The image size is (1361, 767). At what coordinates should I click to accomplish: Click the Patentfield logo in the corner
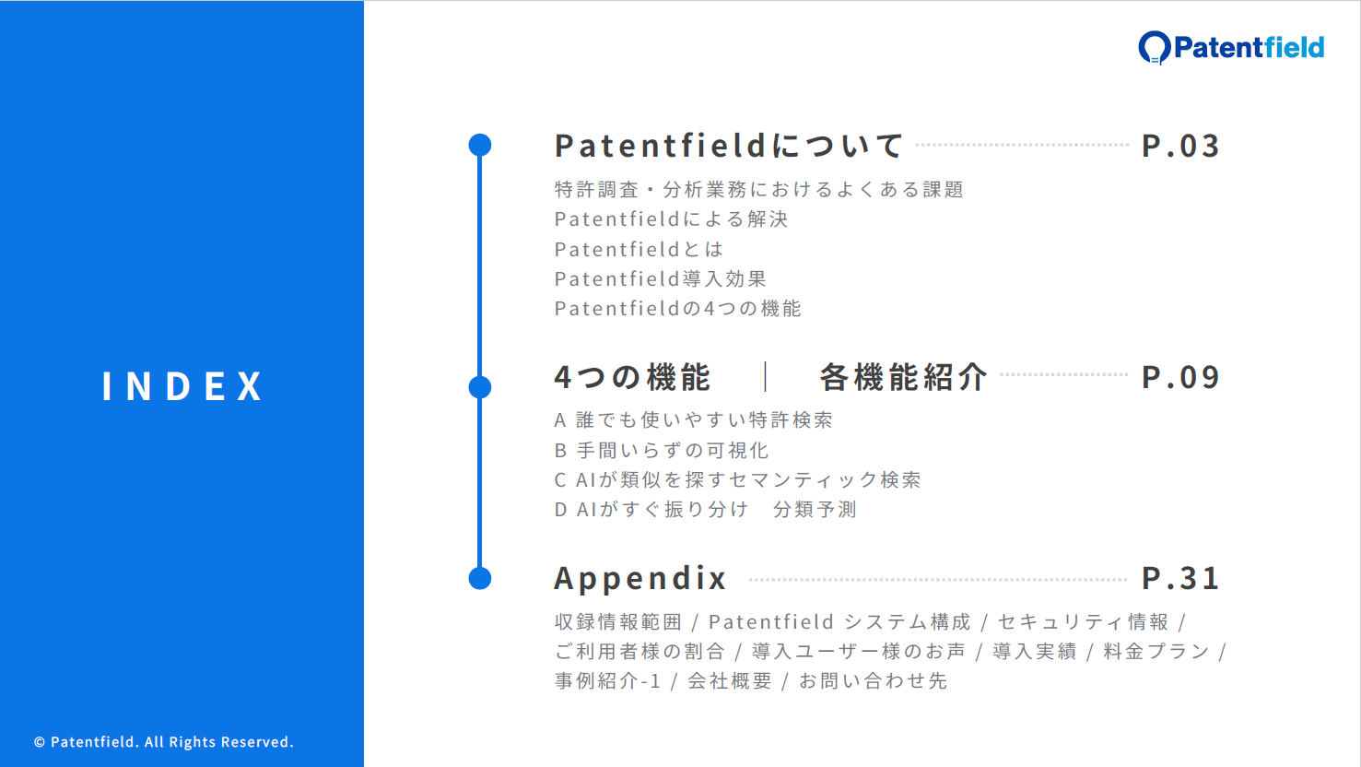pyautogui.click(x=1231, y=47)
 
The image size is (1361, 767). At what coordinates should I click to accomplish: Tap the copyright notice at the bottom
pyautogui.click(x=163, y=741)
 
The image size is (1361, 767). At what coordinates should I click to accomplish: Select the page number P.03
pyautogui.click(x=1180, y=146)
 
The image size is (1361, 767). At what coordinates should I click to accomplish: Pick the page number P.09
pyautogui.click(x=1180, y=377)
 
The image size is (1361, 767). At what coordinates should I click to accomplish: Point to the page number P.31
pyautogui.click(x=1180, y=577)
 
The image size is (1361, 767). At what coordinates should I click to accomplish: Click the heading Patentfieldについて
pyautogui.click(x=729, y=146)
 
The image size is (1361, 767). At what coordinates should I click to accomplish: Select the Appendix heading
pyautogui.click(x=640, y=578)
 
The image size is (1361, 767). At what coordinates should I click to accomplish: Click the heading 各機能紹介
pyautogui.click(x=903, y=377)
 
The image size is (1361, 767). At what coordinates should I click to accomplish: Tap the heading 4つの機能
pyautogui.click(x=632, y=377)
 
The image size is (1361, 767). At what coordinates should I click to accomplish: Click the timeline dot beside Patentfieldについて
pyautogui.click(x=480, y=146)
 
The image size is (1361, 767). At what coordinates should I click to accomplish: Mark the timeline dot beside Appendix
pyautogui.click(x=480, y=578)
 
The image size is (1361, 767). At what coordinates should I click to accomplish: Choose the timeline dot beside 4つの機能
pyautogui.click(x=480, y=387)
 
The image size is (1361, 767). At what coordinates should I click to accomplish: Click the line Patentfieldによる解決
pyautogui.click(x=671, y=218)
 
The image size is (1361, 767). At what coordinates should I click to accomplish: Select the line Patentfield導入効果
pyautogui.click(x=661, y=278)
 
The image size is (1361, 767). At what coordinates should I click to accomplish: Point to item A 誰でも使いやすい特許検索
pyautogui.click(x=693, y=420)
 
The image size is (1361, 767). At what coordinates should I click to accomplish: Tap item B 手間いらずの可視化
pyautogui.click(x=662, y=451)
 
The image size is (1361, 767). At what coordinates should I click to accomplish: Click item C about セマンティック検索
pyautogui.click(x=737, y=480)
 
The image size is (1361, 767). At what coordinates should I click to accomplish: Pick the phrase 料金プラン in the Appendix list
pyautogui.click(x=1156, y=652)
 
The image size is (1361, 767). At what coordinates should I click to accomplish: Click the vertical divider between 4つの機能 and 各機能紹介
pyautogui.click(x=766, y=377)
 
